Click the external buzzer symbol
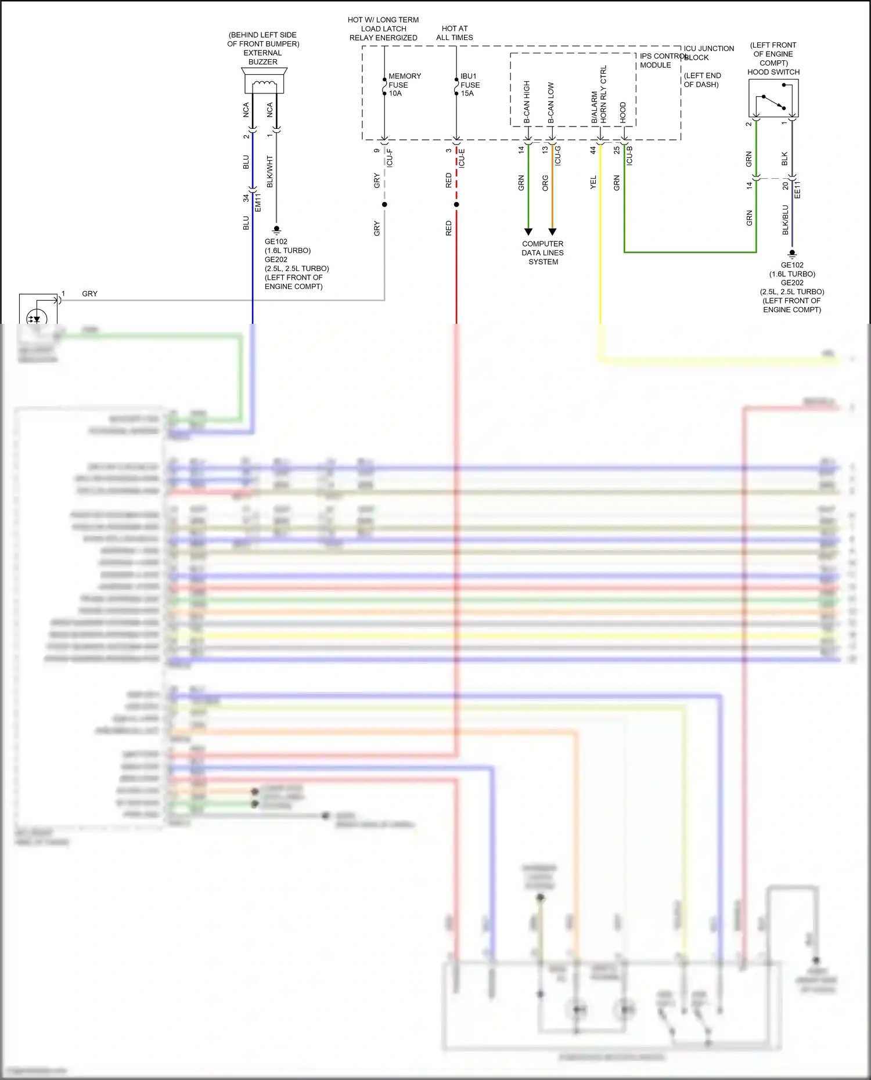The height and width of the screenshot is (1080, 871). (x=264, y=81)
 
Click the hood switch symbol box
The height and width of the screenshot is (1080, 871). (x=773, y=98)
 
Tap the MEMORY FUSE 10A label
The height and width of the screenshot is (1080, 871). (x=404, y=85)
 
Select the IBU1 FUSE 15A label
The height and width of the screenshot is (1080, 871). (x=470, y=85)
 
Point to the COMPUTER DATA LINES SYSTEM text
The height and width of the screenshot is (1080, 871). (x=542, y=253)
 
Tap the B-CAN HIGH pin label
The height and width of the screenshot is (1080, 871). (x=527, y=102)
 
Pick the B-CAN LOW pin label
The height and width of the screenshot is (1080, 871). (x=550, y=103)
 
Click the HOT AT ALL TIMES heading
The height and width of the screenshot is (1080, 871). (x=455, y=33)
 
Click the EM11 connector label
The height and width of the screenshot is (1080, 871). (x=258, y=202)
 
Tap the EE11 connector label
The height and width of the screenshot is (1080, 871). (x=797, y=190)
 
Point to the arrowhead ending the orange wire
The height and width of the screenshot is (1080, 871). (x=552, y=232)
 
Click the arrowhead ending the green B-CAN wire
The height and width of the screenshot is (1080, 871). (x=528, y=232)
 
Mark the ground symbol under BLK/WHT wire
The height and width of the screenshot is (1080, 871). (x=276, y=230)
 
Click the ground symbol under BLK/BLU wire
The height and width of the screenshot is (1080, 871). (x=792, y=254)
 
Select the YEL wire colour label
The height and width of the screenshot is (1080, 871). (x=593, y=182)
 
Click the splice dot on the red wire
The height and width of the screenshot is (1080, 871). (x=456, y=204)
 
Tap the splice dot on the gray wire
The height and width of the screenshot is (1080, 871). (x=384, y=204)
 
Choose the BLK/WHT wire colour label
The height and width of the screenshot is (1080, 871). (x=269, y=171)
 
